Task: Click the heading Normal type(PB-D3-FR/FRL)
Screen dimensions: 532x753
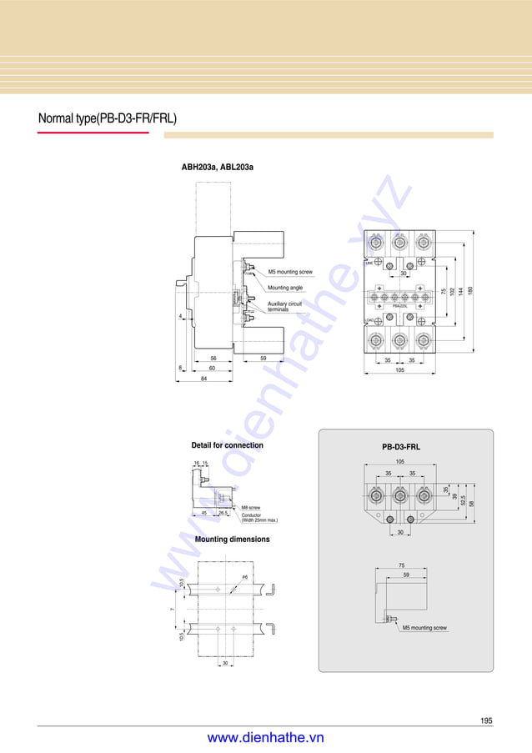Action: pyautogui.click(x=108, y=118)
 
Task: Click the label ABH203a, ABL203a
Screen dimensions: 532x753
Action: pyautogui.click(x=218, y=168)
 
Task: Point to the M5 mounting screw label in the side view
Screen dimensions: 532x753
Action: pyautogui.click(x=290, y=272)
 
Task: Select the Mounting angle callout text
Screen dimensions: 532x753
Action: pyautogui.click(x=285, y=288)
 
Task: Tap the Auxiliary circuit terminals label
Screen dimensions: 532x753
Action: pyautogui.click(x=285, y=306)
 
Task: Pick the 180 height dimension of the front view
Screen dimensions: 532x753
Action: pyautogui.click(x=470, y=290)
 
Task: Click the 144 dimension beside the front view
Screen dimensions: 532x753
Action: pyautogui.click(x=460, y=290)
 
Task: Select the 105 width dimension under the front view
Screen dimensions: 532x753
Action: pyautogui.click(x=399, y=369)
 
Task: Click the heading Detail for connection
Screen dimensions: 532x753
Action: pyautogui.click(x=227, y=445)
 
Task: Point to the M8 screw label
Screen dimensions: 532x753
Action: pyautogui.click(x=251, y=508)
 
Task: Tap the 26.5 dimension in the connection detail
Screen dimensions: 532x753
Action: pyautogui.click(x=223, y=514)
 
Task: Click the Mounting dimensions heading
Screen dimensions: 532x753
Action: pyautogui.click(x=232, y=540)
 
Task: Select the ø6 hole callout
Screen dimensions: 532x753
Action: pyautogui.click(x=244, y=577)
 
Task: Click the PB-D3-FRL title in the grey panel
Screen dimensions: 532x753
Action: pyautogui.click(x=401, y=447)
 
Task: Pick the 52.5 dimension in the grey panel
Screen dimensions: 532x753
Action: pyautogui.click(x=462, y=502)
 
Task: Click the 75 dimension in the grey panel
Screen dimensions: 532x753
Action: pyautogui.click(x=401, y=565)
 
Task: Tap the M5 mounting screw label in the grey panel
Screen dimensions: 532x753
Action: pyautogui.click(x=424, y=628)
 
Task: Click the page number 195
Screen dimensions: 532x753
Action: pyautogui.click(x=486, y=720)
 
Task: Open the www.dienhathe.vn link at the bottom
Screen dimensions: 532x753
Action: pyautogui.click(x=265, y=738)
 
